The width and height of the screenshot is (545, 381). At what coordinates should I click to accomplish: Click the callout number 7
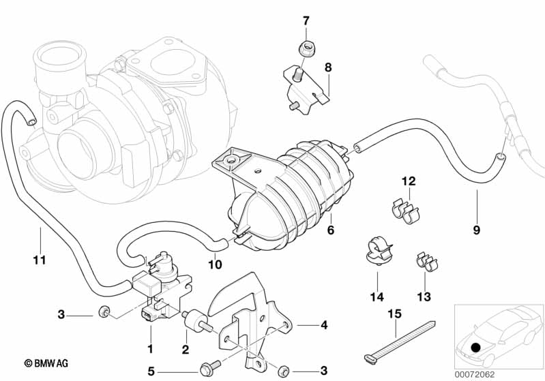[x=306, y=21]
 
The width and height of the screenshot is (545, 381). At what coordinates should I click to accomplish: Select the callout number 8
[x=328, y=67]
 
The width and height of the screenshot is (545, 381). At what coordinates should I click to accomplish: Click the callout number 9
[x=477, y=230]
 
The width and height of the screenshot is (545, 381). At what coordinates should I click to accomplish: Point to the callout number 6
[x=331, y=230]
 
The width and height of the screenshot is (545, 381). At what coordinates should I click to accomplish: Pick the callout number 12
[x=409, y=181]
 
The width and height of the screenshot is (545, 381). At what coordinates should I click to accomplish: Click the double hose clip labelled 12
[x=404, y=211]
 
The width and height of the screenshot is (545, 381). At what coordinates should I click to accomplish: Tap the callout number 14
[x=377, y=297]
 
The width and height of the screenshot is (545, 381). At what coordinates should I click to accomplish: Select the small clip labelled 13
[x=427, y=262]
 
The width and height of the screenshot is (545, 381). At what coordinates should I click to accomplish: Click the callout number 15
[x=394, y=314]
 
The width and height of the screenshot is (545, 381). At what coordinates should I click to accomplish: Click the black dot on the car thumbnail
[x=475, y=348]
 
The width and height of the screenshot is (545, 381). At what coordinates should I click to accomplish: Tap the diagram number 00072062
[x=475, y=374]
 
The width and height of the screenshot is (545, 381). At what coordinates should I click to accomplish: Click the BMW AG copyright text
[x=46, y=364]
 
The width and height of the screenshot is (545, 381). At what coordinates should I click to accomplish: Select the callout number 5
[x=151, y=371]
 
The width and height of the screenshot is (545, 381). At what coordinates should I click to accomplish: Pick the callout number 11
[x=40, y=260]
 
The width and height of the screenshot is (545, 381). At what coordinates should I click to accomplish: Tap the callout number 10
[x=215, y=264]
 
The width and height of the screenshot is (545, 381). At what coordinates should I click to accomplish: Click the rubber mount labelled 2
[x=196, y=320]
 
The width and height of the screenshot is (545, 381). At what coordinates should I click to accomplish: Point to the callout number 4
[x=324, y=325]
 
